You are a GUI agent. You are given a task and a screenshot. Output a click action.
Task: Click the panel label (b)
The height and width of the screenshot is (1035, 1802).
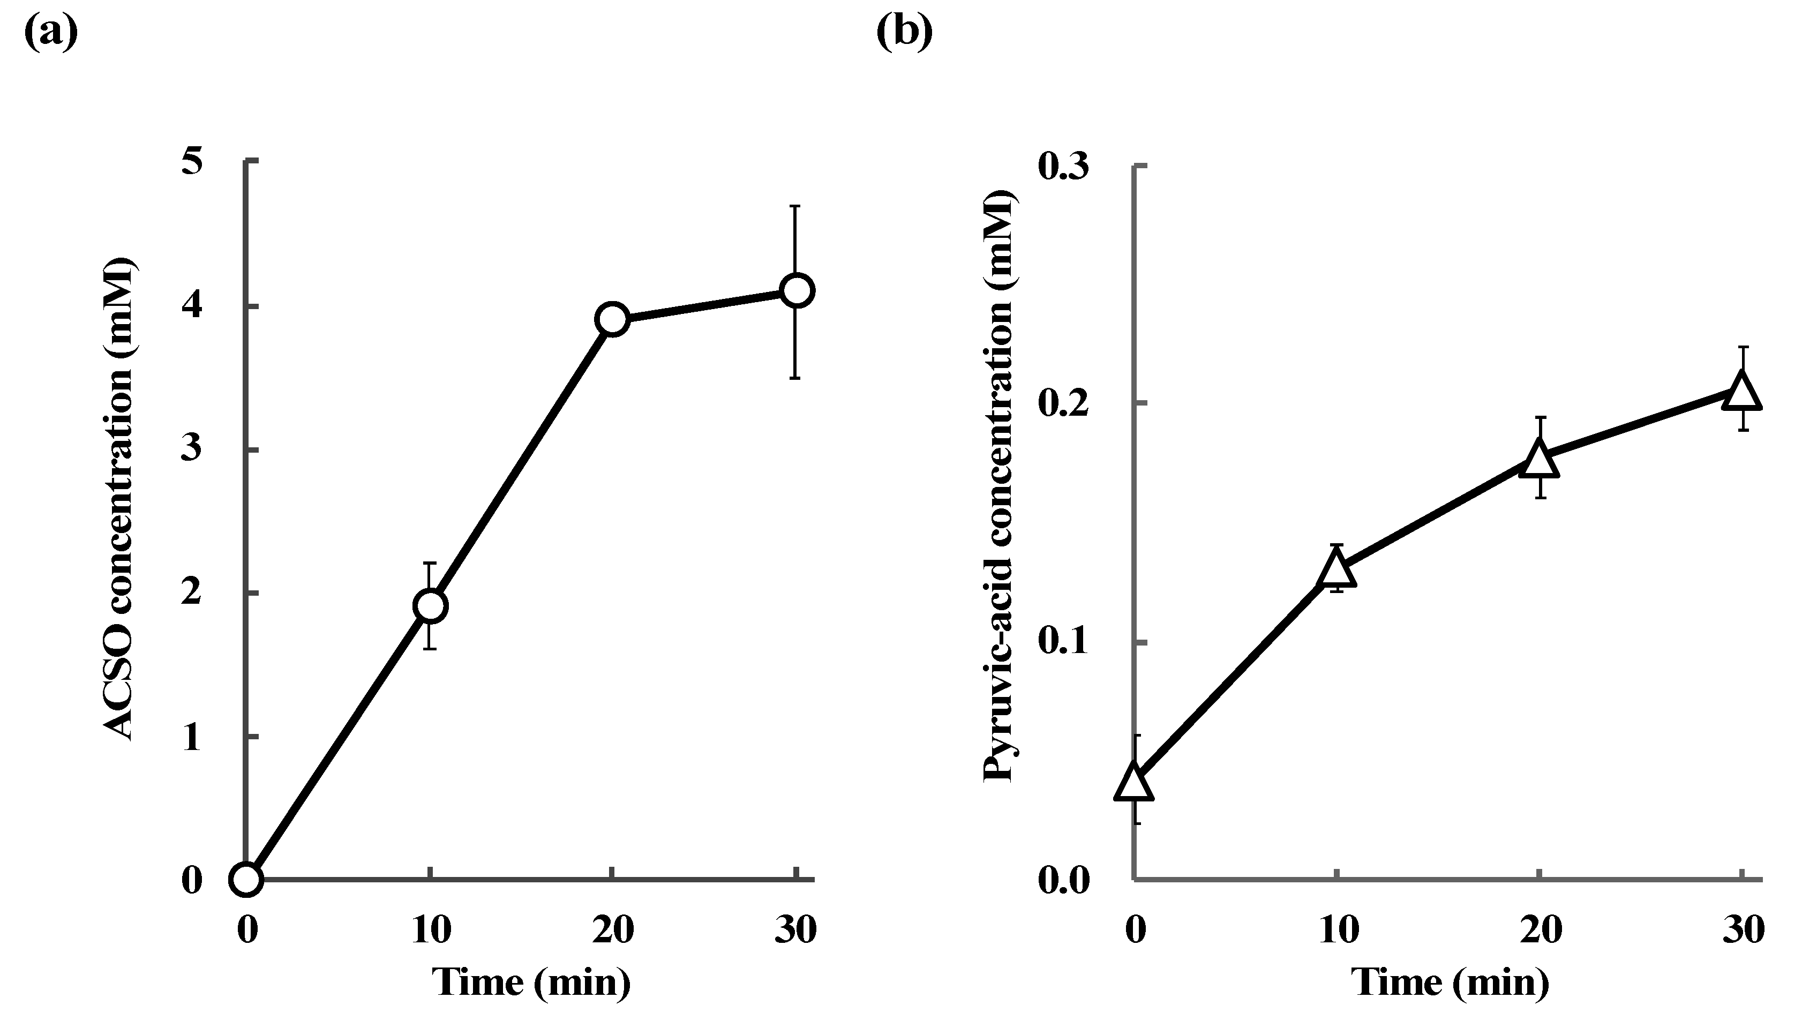click(904, 33)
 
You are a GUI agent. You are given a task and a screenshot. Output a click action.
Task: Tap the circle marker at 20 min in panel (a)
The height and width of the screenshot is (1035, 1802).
click(612, 319)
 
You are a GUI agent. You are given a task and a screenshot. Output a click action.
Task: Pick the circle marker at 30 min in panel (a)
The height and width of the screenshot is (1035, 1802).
click(797, 290)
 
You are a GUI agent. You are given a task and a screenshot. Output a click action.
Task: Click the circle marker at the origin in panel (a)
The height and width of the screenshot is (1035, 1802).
click(246, 879)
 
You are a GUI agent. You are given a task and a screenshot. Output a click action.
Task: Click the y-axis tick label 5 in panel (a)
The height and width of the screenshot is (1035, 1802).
click(191, 162)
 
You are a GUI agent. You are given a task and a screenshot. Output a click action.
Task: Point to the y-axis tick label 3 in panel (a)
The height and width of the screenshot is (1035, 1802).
click(191, 450)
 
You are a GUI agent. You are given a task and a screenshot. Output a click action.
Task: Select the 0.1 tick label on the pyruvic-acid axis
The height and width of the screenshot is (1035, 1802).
click(1064, 643)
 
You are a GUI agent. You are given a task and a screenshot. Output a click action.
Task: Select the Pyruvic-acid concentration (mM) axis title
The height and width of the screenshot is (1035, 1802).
click(1001, 485)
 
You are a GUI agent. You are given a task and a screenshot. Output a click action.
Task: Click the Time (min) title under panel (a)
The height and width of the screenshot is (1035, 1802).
click(531, 983)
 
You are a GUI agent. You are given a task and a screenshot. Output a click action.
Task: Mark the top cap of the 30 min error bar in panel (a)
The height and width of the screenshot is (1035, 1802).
click(797, 206)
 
